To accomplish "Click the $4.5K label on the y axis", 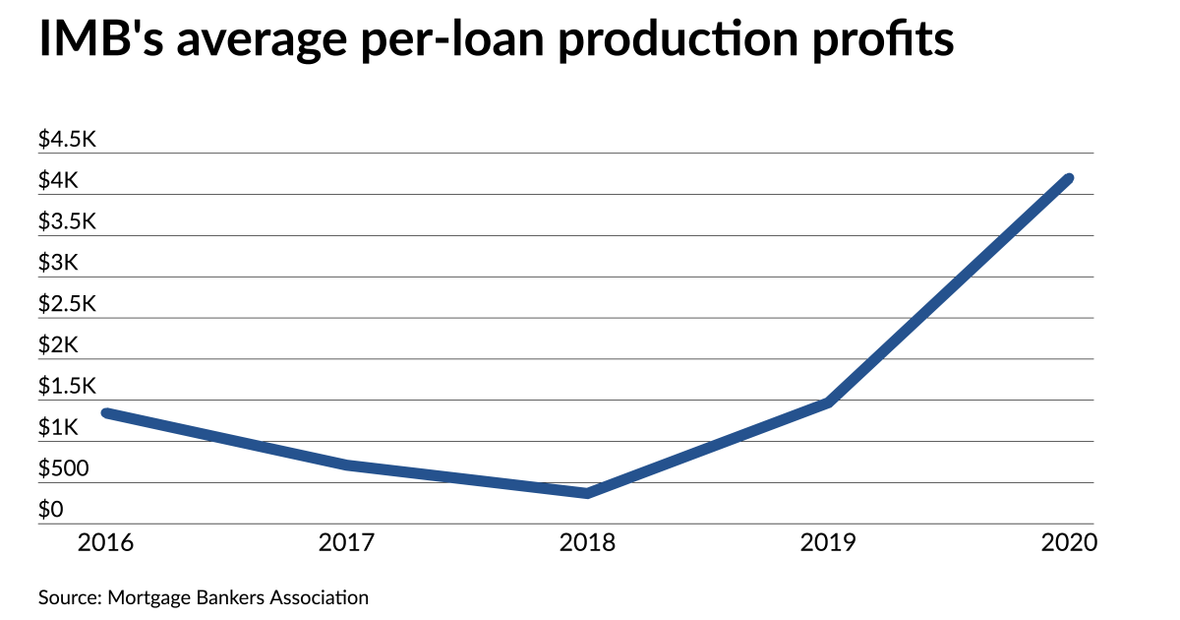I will click(67, 140).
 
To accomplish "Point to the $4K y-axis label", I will click(58, 181).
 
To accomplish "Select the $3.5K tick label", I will click(67, 222).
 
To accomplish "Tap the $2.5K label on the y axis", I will click(67, 304).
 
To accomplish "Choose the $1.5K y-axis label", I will click(67, 387).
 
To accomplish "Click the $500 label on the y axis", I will click(63, 469).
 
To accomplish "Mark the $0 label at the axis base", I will click(51, 510).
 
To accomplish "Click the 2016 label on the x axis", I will click(106, 542).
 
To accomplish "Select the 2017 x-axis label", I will click(347, 542).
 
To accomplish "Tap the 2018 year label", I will click(588, 542).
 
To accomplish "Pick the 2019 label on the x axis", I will click(829, 542).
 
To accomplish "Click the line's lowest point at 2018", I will click(587, 493).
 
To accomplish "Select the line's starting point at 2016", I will click(107, 413).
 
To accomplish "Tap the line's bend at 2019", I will click(829, 403).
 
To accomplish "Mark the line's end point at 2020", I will click(1069, 178).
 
